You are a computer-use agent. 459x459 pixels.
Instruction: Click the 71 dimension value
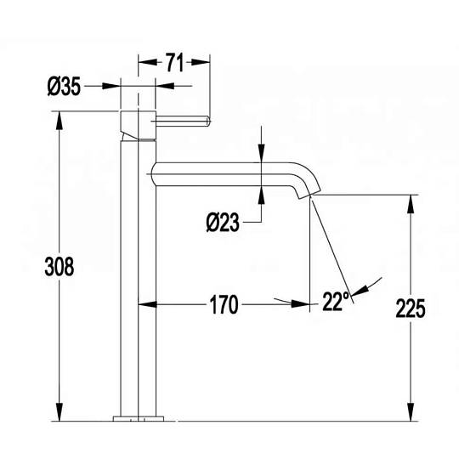(175, 62)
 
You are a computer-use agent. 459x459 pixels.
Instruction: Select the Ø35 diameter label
(64, 87)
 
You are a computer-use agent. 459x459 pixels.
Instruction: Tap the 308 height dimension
(59, 267)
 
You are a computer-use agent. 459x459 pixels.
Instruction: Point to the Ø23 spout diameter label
(223, 223)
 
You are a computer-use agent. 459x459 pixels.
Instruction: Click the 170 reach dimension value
(224, 305)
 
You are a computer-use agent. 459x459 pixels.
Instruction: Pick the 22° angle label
(336, 301)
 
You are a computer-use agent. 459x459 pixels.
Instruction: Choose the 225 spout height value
(411, 309)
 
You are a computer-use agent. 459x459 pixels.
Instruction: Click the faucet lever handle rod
(183, 122)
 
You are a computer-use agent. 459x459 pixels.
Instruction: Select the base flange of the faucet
(139, 418)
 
